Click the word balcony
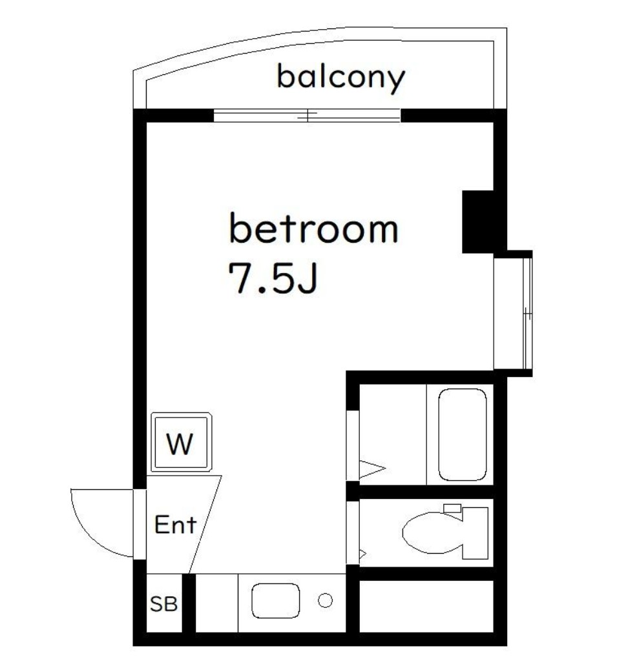point(340,78)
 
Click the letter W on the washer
point(180,444)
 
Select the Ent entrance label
point(175,524)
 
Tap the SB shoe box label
point(163,604)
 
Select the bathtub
point(462,434)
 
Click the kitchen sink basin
point(276,600)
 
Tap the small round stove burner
point(325,600)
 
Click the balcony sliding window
point(307,116)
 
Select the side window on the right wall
point(528,314)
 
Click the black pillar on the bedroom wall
point(477,221)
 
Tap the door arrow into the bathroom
point(371,469)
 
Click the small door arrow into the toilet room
point(362,554)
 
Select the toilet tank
point(476,533)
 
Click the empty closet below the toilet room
point(426,606)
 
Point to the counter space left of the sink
point(217,603)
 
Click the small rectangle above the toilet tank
point(452,509)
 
